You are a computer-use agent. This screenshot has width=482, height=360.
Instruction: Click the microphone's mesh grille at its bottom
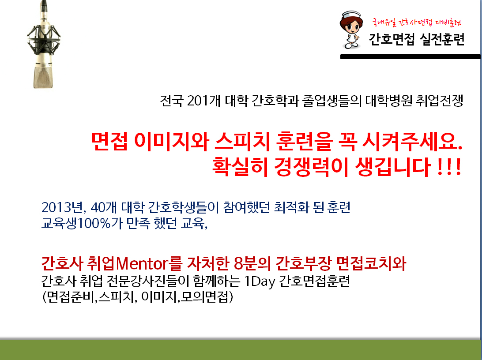coord(43,77)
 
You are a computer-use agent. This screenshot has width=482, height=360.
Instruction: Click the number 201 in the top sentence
coord(197,101)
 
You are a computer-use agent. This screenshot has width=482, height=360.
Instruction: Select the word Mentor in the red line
coord(142,263)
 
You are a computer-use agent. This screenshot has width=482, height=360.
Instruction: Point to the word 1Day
coord(260,281)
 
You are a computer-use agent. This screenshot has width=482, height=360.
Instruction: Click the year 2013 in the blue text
coord(56,208)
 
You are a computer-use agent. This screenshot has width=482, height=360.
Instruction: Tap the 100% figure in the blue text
coord(94,223)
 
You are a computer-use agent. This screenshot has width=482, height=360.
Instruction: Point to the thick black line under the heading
coord(410,56)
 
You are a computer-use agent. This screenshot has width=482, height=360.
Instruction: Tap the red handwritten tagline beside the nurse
coord(416,22)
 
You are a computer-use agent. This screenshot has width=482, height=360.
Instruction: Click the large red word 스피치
coord(242,142)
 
